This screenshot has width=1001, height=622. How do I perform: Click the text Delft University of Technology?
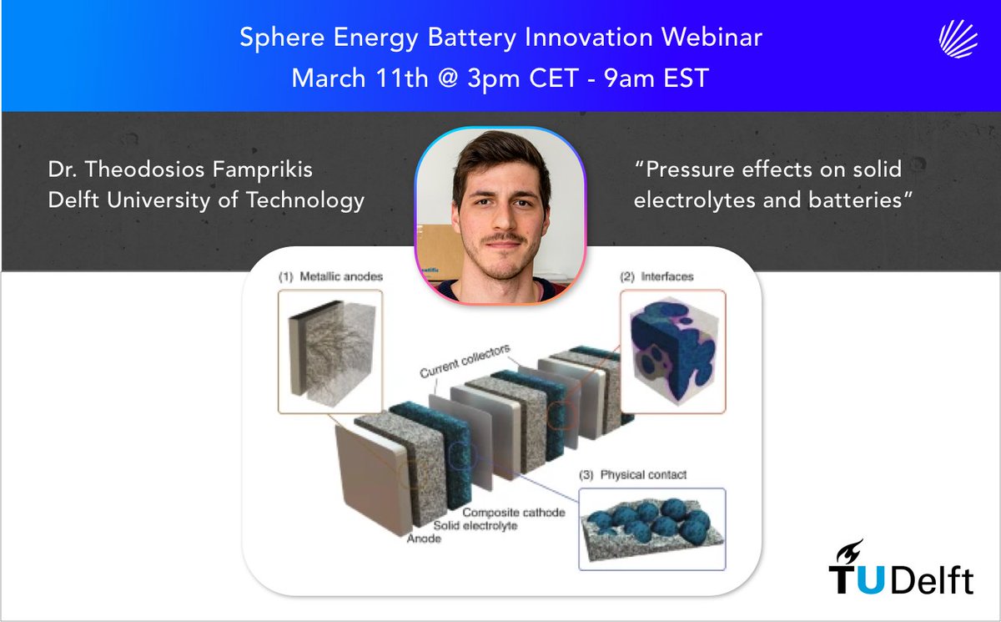206,201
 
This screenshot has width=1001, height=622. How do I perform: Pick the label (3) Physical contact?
633,475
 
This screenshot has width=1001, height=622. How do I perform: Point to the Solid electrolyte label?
476,525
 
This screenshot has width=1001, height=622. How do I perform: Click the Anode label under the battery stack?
424,539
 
